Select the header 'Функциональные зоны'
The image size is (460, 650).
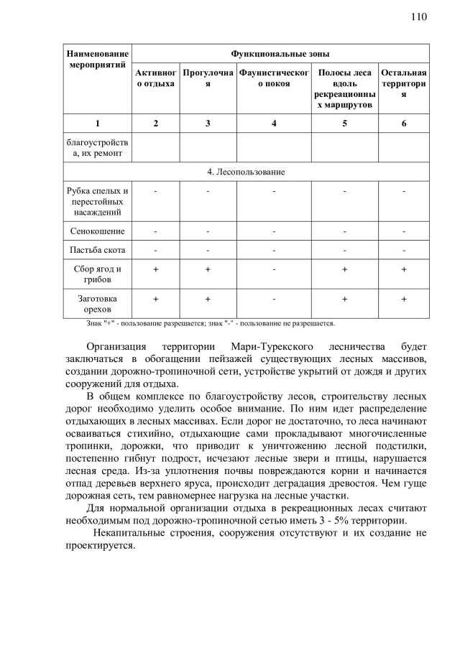pos(280,54)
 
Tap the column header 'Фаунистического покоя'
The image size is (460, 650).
pos(274,78)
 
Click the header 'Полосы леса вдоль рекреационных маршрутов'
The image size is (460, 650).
pos(344,89)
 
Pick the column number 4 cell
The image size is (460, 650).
pos(274,124)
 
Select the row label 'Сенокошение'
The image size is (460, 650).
pos(97,231)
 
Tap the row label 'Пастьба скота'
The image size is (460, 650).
pos(97,250)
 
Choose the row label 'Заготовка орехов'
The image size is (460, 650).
pos(97,303)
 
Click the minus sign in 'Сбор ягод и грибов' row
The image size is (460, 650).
pos(274,269)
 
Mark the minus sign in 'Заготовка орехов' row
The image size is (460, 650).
pos(274,298)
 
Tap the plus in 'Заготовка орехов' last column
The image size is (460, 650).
pos(404,298)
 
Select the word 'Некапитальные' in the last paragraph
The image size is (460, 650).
pos(129,534)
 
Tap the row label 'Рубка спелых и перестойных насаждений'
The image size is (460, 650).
pos(97,202)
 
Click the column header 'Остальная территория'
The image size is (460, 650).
pos(404,83)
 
